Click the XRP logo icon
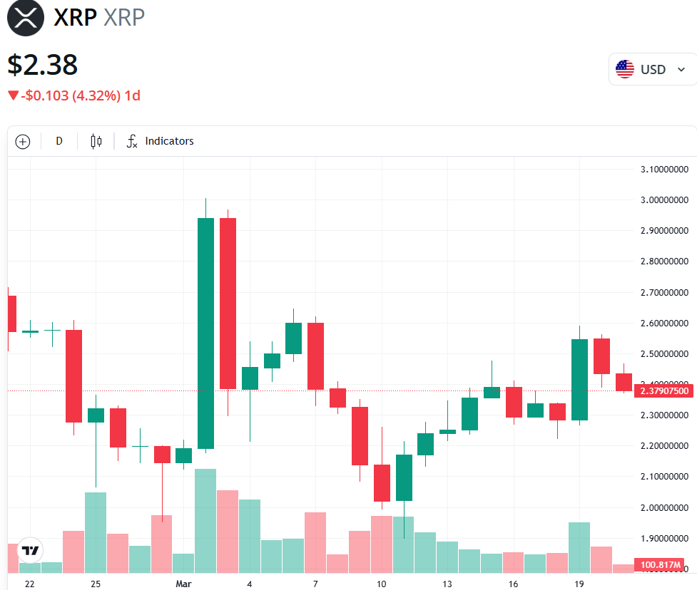pyautogui.click(x=26, y=18)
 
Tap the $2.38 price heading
pyautogui.click(x=43, y=65)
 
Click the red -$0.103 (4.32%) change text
pyautogui.click(x=74, y=95)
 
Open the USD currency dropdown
pyautogui.click(x=651, y=69)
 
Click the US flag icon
pyautogui.click(x=625, y=69)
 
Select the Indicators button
pyautogui.click(x=161, y=141)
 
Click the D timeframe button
pyautogui.click(x=59, y=141)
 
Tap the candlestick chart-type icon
pyautogui.click(x=96, y=141)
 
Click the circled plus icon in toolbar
pyautogui.click(x=23, y=141)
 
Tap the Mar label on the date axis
pyautogui.click(x=184, y=584)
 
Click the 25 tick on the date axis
pyautogui.click(x=96, y=584)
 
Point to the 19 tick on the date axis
pyautogui.click(x=579, y=584)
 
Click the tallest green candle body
pyautogui.click(x=205, y=333)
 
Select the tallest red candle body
pyautogui.click(x=228, y=303)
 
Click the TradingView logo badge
pyautogui.click(x=30, y=550)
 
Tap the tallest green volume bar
pyautogui.click(x=205, y=520)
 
